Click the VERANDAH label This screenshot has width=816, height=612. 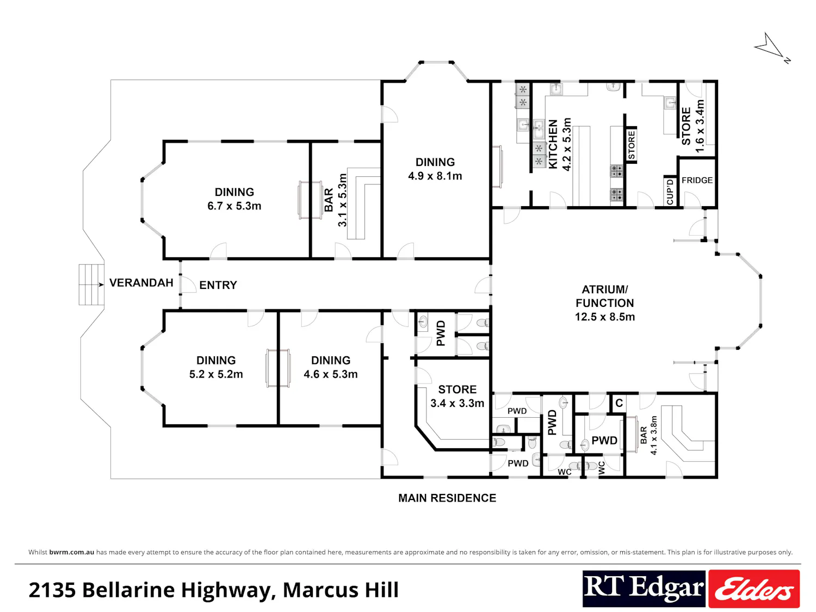coord(141,283)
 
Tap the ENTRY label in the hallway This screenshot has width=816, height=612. coord(218,285)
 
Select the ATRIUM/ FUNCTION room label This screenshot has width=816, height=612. coord(605,296)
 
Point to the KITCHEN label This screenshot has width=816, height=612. coord(553,144)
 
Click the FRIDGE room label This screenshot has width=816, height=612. coord(697,180)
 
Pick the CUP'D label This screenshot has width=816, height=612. coord(670,191)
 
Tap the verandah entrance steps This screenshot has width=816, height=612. coord(91,285)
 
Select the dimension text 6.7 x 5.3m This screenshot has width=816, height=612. coord(234,206)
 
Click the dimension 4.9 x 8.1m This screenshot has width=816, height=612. coord(435,176)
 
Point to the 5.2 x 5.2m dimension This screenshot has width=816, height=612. coord(216,374)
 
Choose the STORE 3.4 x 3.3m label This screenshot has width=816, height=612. coord(458,396)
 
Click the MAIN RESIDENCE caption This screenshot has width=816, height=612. coord(447,498)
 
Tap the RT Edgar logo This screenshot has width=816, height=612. coord(644,589)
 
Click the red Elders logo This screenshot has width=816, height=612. coord(754,589)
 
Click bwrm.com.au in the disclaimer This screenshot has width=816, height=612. coord(72,552)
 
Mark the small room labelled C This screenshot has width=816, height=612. coord(619,403)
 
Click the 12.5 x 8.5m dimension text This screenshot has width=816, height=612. coord(605,317)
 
